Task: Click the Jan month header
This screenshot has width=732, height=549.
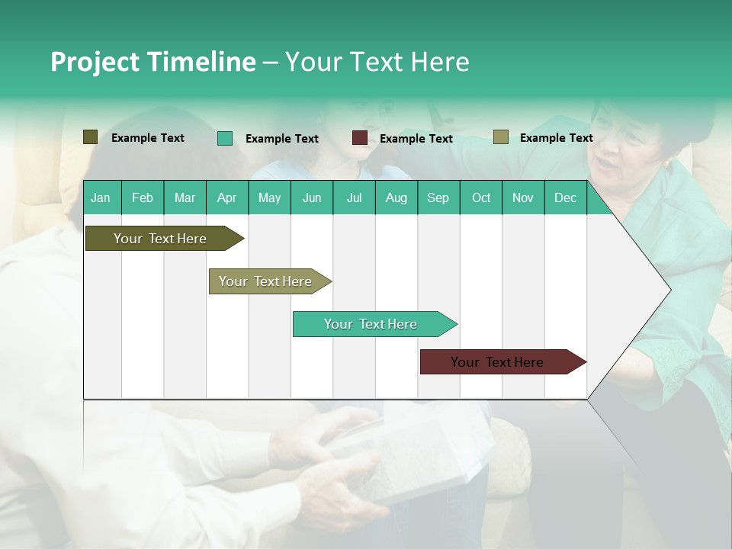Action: click(101, 197)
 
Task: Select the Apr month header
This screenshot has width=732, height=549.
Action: click(226, 197)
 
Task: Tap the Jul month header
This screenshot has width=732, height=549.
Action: click(354, 197)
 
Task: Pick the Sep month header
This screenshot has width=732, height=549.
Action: click(438, 197)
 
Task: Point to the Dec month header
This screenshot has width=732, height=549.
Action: click(565, 197)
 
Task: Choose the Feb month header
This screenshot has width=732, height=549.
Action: click(143, 197)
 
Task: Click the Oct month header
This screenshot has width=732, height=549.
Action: click(481, 197)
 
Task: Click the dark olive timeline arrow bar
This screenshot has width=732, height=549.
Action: click(160, 239)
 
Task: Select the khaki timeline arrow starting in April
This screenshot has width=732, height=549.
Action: click(266, 281)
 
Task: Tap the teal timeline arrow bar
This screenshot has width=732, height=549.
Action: click(371, 324)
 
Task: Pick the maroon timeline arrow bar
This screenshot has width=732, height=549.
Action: click(498, 362)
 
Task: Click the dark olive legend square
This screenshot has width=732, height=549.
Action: click(90, 137)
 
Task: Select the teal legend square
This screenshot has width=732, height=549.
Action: click(224, 138)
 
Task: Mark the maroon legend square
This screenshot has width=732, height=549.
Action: click(360, 138)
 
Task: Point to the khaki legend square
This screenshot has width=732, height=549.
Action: click(500, 137)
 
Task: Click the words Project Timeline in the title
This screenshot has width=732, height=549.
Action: click(152, 62)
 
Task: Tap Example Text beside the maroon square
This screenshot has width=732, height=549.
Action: click(416, 139)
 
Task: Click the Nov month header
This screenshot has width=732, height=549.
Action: click(523, 197)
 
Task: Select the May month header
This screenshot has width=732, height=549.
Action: click(269, 197)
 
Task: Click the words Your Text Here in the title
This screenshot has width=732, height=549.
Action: click(377, 62)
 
